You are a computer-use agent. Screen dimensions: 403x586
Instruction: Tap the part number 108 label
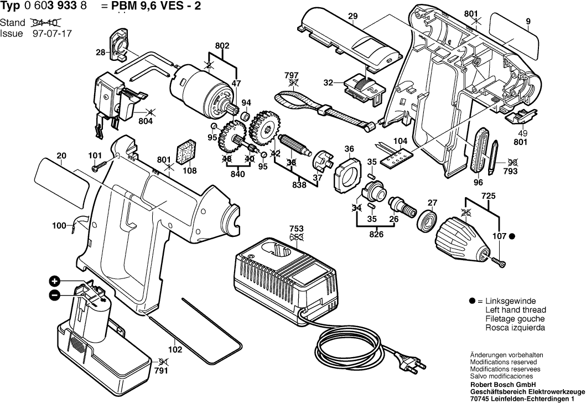point(190,170)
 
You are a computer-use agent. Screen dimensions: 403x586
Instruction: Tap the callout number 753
point(296,228)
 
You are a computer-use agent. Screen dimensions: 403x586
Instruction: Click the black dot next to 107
point(512,236)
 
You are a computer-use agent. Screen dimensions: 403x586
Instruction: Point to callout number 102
point(175,349)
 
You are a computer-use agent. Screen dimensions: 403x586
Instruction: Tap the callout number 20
point(61,156)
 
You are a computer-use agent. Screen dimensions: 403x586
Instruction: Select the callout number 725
point(488,197)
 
